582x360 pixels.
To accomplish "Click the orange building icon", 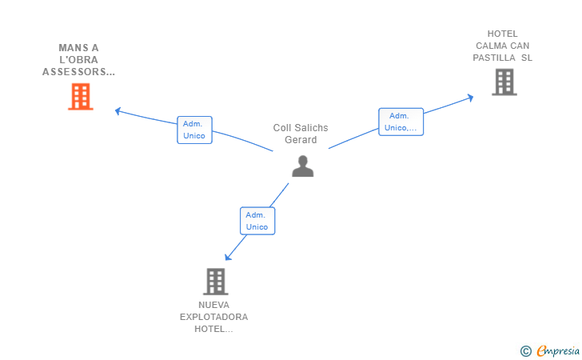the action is click(x=81, y=97).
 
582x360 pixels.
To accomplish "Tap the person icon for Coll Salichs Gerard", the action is click(x=302, y=166).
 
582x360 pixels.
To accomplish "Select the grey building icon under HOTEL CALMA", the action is click(x=504, y=82).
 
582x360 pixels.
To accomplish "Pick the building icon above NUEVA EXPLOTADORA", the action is click(x=216, y=282).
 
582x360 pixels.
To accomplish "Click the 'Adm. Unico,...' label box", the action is click(x=401, y=122).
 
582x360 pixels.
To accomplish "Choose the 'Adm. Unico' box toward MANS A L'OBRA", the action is click(x=194, y=130).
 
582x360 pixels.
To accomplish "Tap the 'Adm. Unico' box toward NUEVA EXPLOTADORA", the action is click(x=257, y=221).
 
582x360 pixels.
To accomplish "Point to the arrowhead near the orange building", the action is click(x=118, y=110).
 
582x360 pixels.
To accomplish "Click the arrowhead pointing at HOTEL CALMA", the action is click(x=470, y=98).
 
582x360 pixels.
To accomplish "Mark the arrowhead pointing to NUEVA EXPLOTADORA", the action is click(x=228, y=257).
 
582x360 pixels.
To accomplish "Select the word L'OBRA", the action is click(x=78, y=60).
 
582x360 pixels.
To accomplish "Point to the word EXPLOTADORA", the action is click(x=213, y=317).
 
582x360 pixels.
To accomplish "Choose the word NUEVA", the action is click(x=213, y=305).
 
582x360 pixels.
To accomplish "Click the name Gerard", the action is click(x=301, y=140).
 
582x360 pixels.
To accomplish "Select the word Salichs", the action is click(x=311, y=128).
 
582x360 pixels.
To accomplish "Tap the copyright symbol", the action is click(x=526, y=351).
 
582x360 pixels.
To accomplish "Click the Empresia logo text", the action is click(x=558, y=351).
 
